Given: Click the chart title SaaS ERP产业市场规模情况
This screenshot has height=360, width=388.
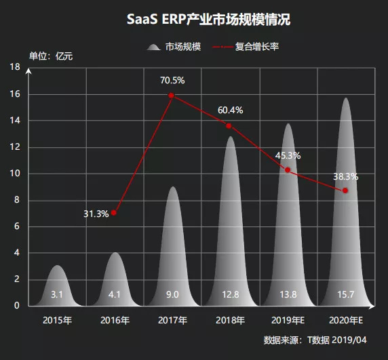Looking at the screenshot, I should [199, 20].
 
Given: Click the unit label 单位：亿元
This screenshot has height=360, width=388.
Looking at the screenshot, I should [51, 56].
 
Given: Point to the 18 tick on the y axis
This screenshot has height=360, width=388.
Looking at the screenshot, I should [15, 67].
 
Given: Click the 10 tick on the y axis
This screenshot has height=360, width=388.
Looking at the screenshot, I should [15, 174].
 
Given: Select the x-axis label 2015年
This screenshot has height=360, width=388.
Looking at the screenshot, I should [57, 319].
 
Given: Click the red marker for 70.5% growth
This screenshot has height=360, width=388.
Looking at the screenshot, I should [172, 96].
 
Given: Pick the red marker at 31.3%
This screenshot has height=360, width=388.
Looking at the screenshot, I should [114, 213].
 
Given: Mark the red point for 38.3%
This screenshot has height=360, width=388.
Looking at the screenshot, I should [345, 191].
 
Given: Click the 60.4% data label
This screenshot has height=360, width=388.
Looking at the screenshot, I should [230, 110].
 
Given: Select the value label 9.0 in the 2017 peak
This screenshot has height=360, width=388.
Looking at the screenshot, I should [172, 294].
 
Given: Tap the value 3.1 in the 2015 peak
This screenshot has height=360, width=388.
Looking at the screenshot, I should [57, 294].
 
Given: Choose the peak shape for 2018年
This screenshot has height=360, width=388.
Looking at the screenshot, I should [230, 224].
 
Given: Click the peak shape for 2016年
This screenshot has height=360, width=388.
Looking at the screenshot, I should [115, 278].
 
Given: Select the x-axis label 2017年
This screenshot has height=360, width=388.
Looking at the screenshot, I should [172, 319].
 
